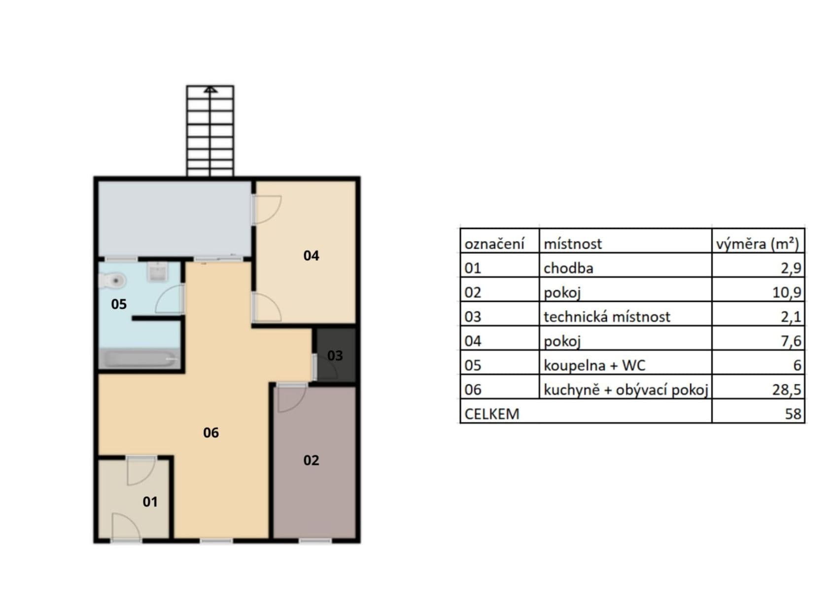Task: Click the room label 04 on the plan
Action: pos(311,256)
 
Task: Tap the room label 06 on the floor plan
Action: pos(210,433)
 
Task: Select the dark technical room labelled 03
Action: pos(335,355)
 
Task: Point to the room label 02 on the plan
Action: pos(311,460)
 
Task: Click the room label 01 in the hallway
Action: pos(150,502)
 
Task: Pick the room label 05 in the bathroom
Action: pos(119,304)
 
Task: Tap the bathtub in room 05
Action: pos(139,359)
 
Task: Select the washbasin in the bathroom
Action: pos(158,272)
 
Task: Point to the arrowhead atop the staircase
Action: pos(210,89)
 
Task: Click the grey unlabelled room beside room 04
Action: pos(175,219)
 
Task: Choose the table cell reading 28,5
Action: pos(786,390)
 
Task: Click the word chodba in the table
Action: pos(568,268)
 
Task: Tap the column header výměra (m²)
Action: pos(757,244)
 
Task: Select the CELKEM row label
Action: pos(492,413)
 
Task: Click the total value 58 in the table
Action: pos(793,413)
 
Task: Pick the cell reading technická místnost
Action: pos(606,317)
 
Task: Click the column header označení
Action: pos(494,244)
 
